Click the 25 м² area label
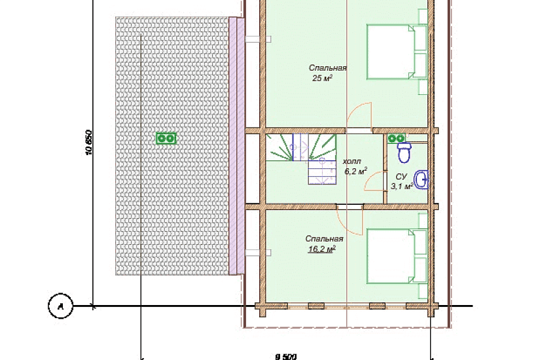click(x=322, y=78)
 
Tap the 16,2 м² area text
click(x=321, y=249)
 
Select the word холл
click(x=352, y=161)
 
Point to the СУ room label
click(x=401, y=177)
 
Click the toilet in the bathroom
click(x=405, y=152)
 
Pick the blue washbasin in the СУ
click(x=422, y=179)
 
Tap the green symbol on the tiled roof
click(x=166, y=138)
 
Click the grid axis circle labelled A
click(x=61, y=306)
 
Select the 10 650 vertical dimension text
click(x=88, y=143)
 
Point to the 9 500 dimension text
click(x=286, y=357)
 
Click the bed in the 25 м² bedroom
click(x=397, y=52)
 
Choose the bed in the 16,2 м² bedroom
click(x=397, y=257)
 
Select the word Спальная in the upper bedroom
click(x=327, y=68)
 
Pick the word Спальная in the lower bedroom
click(x=324, y=239)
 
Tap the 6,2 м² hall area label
click(x=356, y=171)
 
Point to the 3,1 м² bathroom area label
click(x=402, y=187)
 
